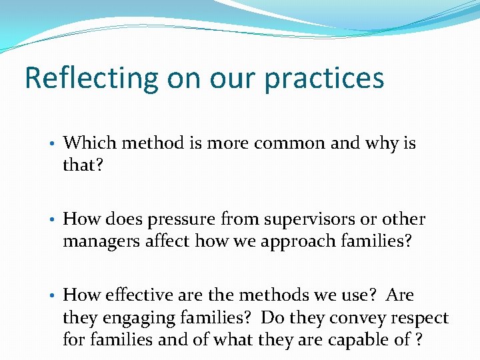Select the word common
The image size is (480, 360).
pyautogui.click(x=275, y=143)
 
